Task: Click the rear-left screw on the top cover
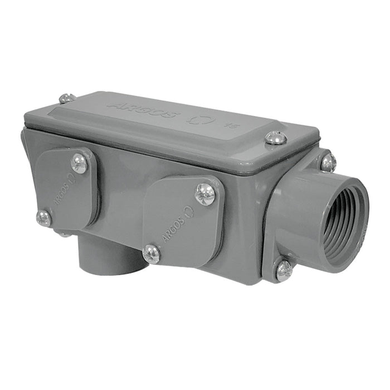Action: pos(66,99)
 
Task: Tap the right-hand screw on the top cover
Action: pos(275,138)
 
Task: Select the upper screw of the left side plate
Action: pos(80,163)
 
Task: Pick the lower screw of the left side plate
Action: pos(43,218)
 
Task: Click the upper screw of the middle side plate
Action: pos(204,194)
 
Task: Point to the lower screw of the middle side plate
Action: pos(151,253)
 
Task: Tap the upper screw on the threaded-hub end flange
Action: pos(328,162)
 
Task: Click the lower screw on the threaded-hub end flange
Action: pos(284,270)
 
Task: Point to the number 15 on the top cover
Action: pos(228,125)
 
